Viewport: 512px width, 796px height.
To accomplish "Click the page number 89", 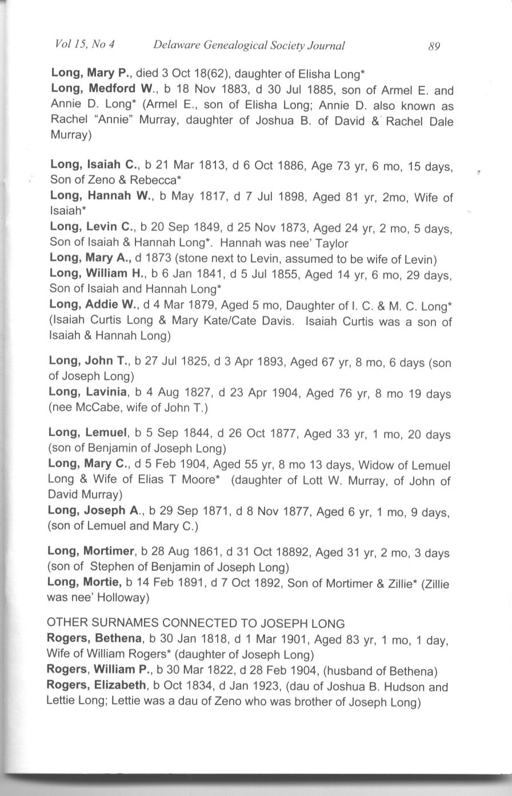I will tap(433, 46).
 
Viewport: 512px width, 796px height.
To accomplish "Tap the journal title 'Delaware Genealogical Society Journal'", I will tap(249, 46).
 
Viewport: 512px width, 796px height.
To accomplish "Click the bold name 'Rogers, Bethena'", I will tap(94, 638).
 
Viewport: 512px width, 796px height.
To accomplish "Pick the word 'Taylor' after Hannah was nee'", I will tap(331, 242).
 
